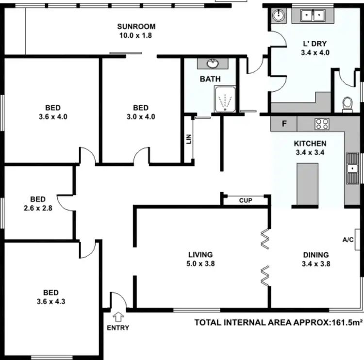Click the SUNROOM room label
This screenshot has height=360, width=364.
136,26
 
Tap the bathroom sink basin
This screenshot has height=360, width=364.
213,64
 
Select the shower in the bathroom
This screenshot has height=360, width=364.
225,100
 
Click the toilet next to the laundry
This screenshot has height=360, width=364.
347,103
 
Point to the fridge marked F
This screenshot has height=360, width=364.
284,124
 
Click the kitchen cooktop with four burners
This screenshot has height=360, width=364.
322,124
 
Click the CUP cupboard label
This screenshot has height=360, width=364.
246,200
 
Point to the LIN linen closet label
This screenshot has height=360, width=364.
189,139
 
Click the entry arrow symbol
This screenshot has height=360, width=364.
117,317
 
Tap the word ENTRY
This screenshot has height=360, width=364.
118,328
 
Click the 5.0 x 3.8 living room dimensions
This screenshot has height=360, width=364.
200,264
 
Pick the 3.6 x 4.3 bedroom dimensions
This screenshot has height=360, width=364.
51,301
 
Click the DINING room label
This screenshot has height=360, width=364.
316,255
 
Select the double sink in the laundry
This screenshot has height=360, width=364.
313,16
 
